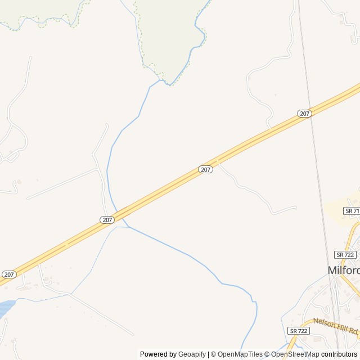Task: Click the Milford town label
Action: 344,270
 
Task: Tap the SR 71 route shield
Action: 352,210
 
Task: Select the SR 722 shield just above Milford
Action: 345,254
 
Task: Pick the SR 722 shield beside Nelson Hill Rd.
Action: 298,331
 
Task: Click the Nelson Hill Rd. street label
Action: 335,326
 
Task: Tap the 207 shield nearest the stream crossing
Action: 107,219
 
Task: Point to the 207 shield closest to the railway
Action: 304,114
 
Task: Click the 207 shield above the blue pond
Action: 8,274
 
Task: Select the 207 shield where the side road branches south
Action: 205,169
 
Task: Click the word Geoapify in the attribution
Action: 192,354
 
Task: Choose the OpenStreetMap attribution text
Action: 295,354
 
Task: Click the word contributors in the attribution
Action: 339,354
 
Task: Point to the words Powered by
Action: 158,354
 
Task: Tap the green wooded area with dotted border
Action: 169,34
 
